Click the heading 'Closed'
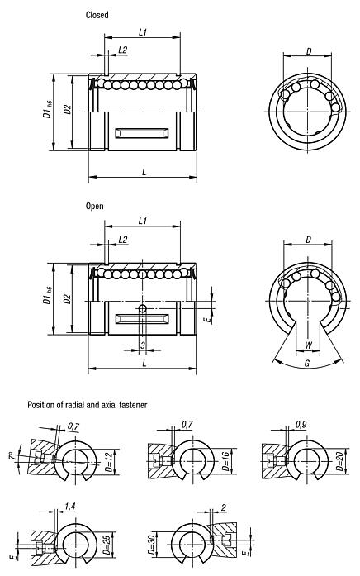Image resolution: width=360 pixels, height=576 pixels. pos(97,15)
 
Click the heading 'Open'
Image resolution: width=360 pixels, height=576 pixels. pos(94,206)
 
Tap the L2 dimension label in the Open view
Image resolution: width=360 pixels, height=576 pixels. pos(122,239)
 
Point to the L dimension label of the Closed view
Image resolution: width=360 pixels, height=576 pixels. pos(144,171)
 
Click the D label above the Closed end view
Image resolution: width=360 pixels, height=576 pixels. pos(309,51)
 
